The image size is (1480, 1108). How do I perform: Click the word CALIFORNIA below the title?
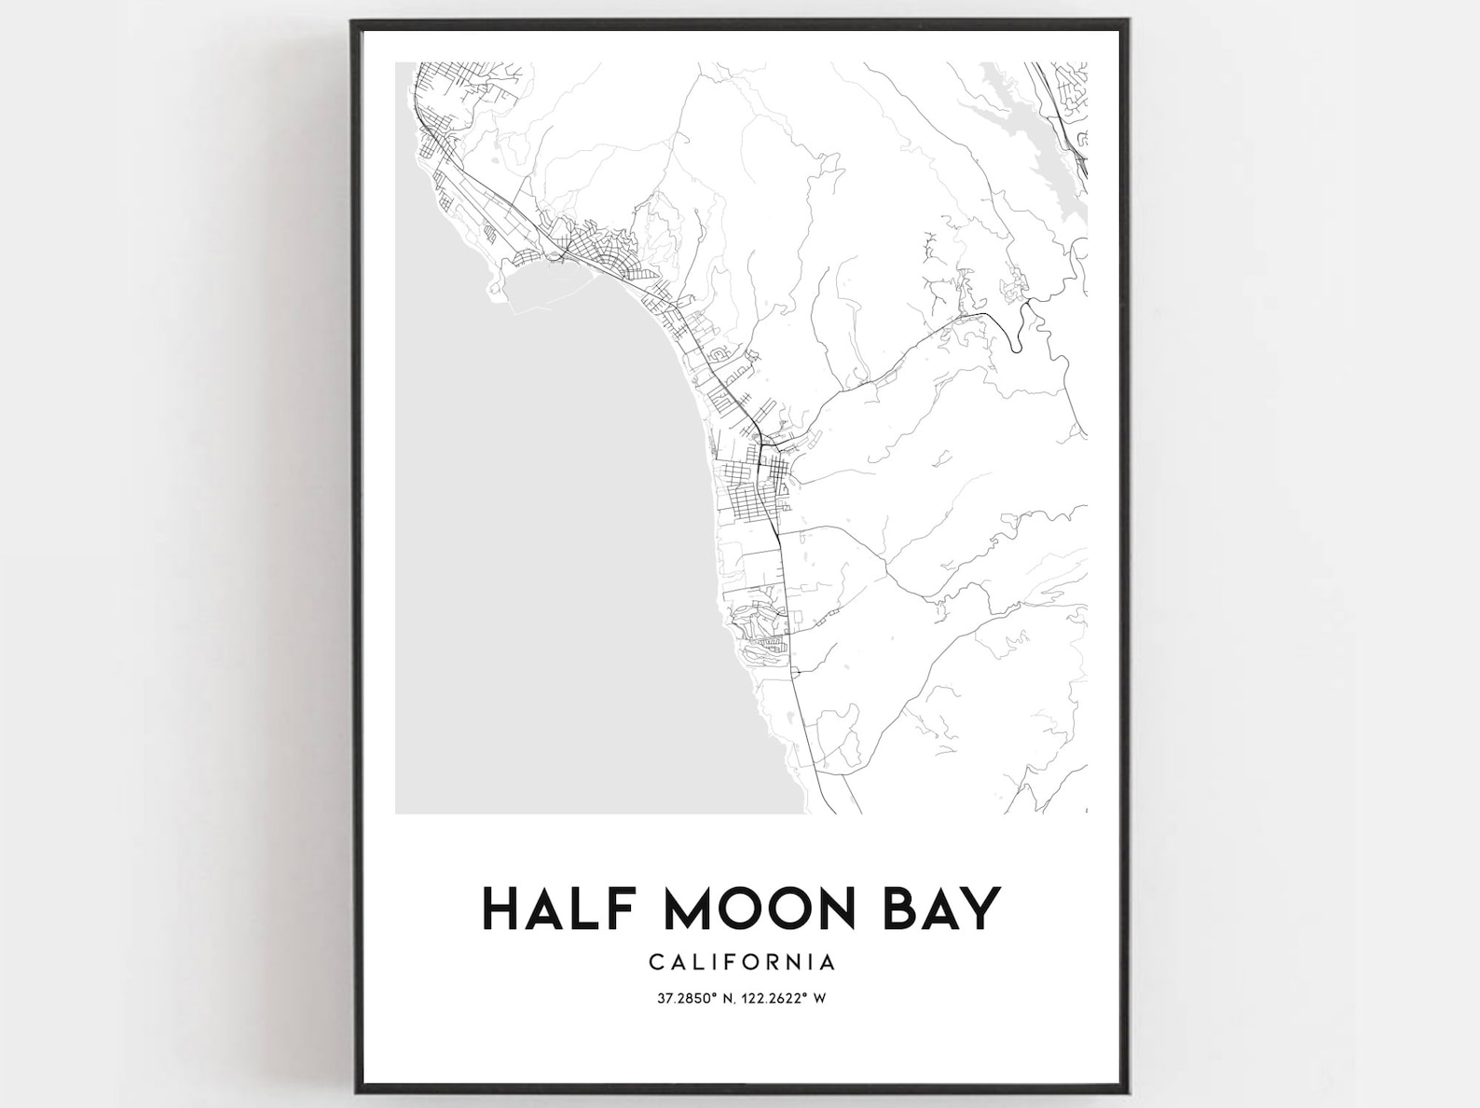coord(742,962)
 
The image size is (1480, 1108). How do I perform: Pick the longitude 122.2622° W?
coord(778,999)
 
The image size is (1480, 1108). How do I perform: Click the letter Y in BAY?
coord(979,910)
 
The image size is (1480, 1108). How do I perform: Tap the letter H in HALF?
coord(500,910)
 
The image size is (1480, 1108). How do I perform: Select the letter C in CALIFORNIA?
coord(656,962)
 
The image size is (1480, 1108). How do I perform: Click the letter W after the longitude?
coord(820,999)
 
